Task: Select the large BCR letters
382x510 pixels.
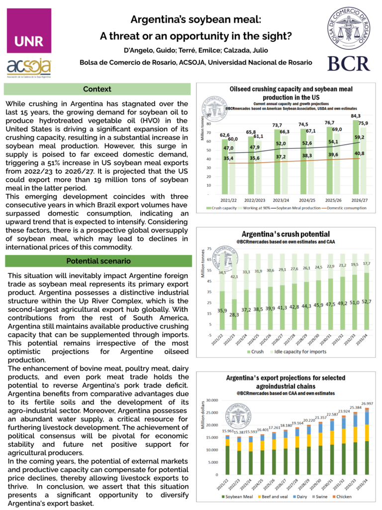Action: click(348, 63)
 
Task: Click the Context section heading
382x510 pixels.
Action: click(97, 89)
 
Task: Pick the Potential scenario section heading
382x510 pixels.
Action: click(98, 261)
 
